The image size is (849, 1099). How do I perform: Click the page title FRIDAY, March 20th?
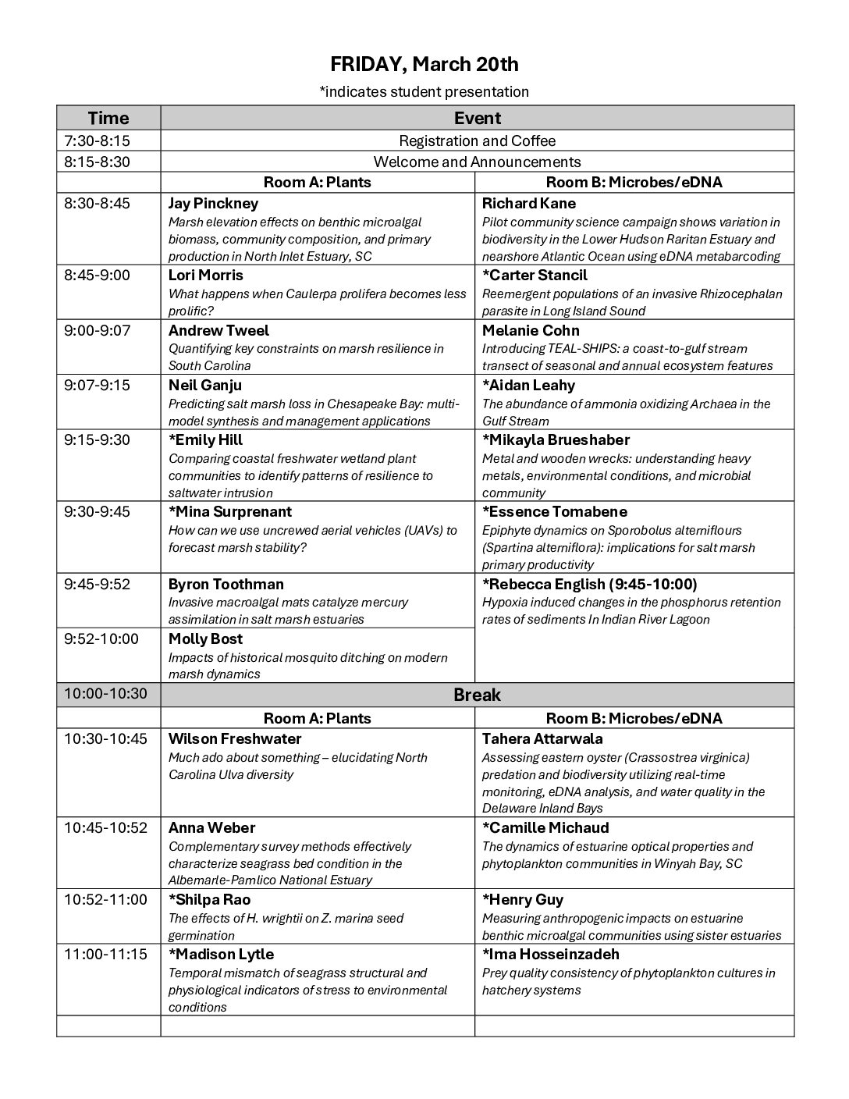pos(424,64)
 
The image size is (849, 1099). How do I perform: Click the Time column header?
pos(108,118)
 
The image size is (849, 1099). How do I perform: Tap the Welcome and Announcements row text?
pos(477,162)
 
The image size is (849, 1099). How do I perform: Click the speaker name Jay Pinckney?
pos(213,204)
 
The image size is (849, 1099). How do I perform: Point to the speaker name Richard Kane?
pos(528,204)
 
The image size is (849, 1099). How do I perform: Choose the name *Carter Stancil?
pos(535,276)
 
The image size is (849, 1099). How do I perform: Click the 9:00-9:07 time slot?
pos(98,330)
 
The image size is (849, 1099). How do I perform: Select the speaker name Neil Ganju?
pos(205,386)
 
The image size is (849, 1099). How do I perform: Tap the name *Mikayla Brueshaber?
pos(556,440)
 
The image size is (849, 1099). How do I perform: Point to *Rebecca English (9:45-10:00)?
pos(589,585)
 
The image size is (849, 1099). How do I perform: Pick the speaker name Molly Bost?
pos(205,639)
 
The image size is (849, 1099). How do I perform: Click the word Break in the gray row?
pos(477,695)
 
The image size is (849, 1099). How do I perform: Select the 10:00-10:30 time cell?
pos(105,693)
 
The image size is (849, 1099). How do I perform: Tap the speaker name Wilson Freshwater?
pos(235,739)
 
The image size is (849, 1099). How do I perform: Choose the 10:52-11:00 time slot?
pos(105,899)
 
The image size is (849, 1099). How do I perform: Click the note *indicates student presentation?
pos(424,92)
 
